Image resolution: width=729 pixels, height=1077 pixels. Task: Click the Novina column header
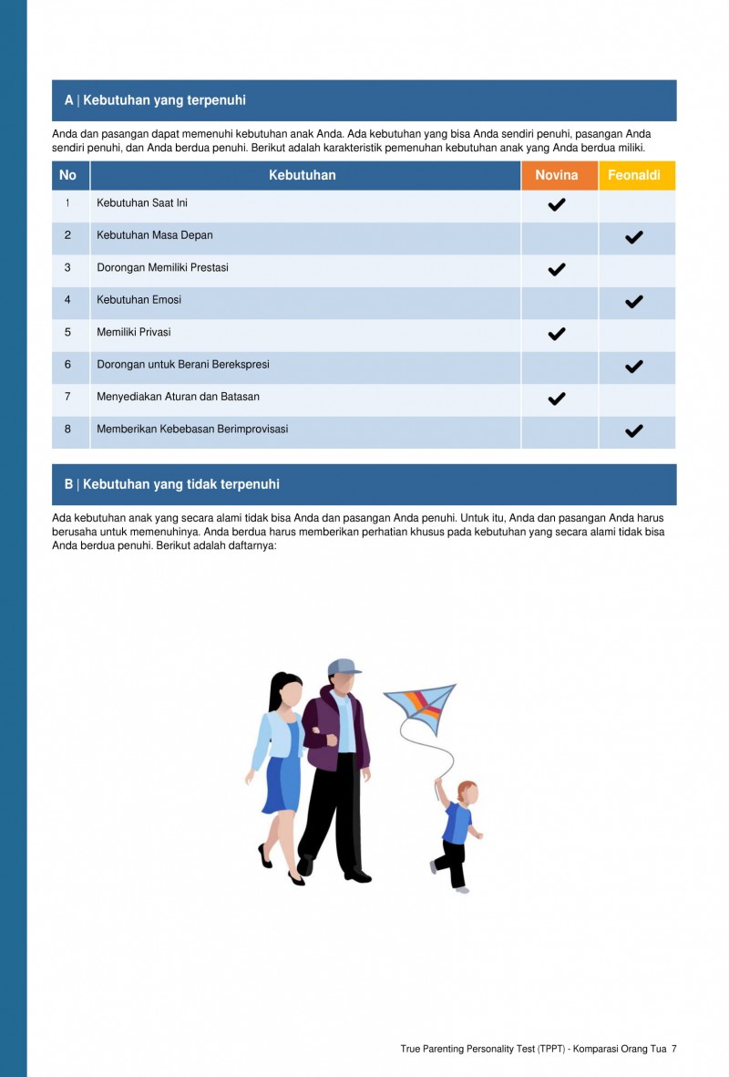click(x=557, y=175)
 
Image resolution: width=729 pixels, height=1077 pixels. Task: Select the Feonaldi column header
click(x=634, y=175)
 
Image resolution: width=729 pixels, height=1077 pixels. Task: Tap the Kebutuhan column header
click(x=302, y=175)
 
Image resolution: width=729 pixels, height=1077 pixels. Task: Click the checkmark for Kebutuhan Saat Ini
click(x=557, y=204)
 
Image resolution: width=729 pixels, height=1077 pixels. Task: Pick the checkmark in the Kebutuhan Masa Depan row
click(x=634, y=237)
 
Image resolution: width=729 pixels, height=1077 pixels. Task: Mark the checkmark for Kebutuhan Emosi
click(x=634, y=302)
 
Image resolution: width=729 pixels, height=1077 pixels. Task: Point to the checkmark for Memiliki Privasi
click(x=557, y=334)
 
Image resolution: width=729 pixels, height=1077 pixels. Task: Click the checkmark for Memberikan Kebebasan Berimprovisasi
click(x=634, y=430)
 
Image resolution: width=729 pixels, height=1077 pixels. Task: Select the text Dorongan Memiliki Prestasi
click(x=162, y=268)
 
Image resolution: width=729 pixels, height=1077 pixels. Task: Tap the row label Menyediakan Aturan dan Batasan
click(x=178, y=397)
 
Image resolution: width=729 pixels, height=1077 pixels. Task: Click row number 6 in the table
click(x=67, y=365)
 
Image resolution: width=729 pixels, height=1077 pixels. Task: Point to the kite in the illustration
click(x=421, y=708)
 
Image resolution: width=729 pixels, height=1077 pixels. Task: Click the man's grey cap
click(x=343, y=667)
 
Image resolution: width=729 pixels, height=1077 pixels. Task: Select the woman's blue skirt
click(x=282, y=784)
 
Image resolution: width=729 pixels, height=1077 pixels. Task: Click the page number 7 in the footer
click(x=674, y=1049)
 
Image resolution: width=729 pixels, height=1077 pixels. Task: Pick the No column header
click(x=67, y=175)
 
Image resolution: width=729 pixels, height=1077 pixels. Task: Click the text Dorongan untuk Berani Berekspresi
click(x=183, y=365)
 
